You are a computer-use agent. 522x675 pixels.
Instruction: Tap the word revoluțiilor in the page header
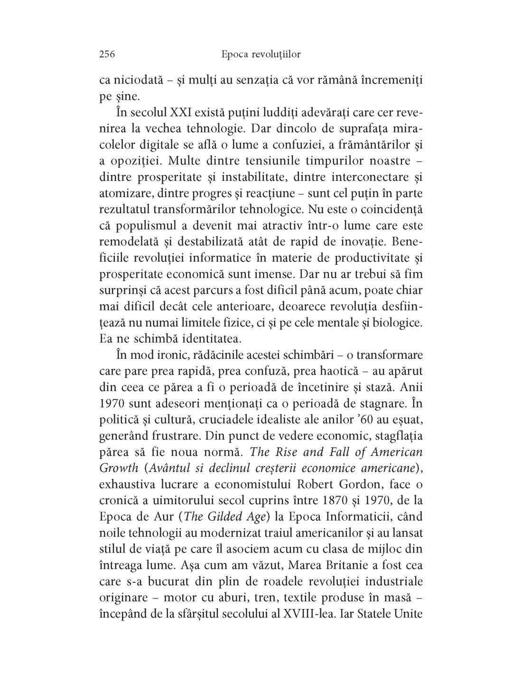275,55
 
